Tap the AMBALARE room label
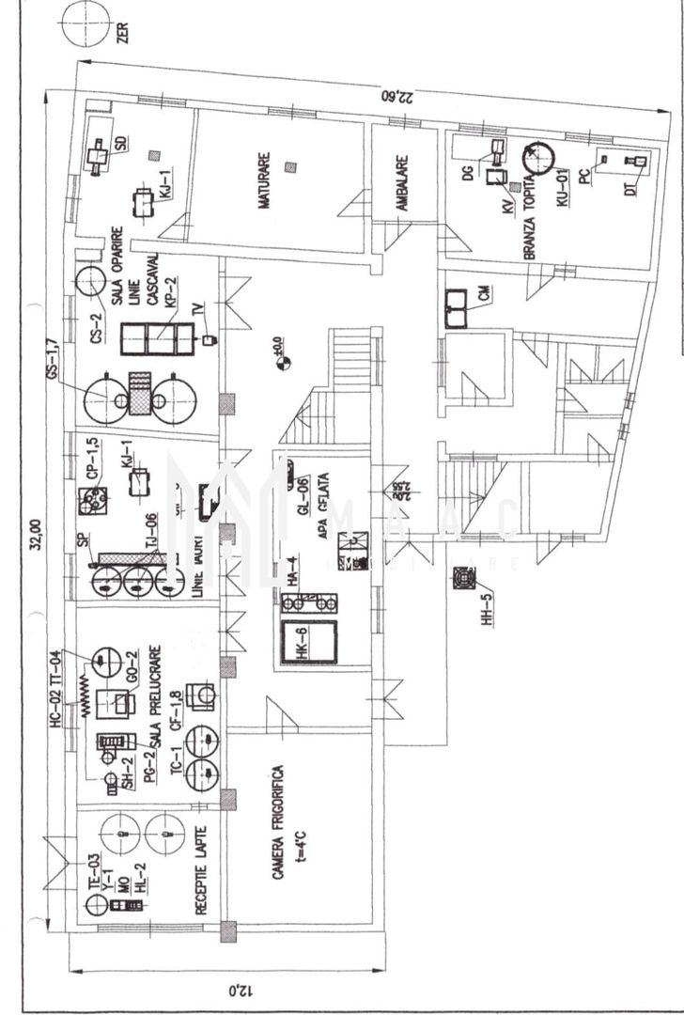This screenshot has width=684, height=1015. [401, 182]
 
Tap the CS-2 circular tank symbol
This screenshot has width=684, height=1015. [91, 280]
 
